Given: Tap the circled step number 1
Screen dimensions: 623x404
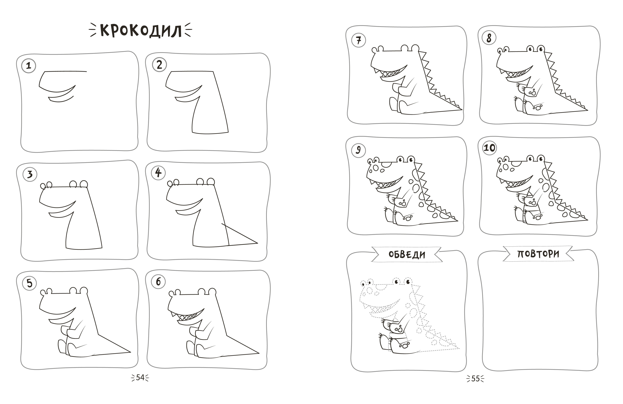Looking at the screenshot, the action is point(28,65).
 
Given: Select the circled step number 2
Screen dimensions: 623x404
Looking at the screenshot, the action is point(159,65).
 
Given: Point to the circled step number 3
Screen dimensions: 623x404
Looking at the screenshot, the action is point(30,174).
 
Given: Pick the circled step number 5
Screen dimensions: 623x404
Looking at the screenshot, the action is point(29,283).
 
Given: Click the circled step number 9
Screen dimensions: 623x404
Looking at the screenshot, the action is point(358,150).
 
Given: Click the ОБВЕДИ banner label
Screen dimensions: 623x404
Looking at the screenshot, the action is point(407,254).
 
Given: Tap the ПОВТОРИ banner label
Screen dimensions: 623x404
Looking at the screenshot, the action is point(538,254).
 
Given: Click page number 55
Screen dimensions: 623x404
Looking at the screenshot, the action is point(475,379).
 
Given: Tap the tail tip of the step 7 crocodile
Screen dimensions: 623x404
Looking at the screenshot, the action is point(462,109).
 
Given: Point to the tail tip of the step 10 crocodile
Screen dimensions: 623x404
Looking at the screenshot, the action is point(588,220).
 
